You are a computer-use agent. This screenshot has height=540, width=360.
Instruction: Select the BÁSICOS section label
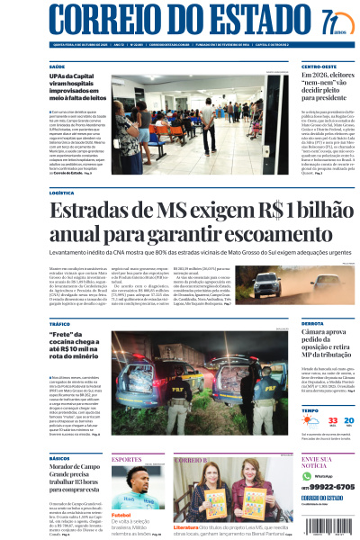click(x=59, y=458)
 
